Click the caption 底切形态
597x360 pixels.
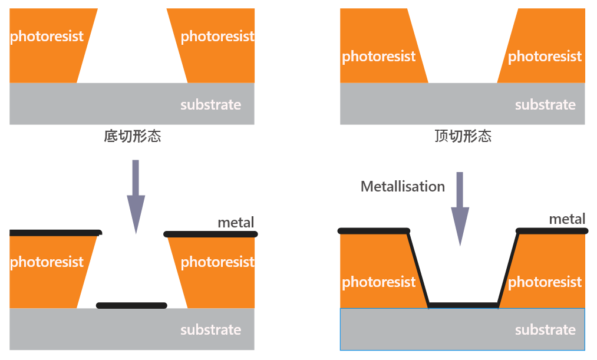click(x=132, y=137)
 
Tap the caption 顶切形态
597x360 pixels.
click(x=463, y=137)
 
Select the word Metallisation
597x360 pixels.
click(x=403, y=187)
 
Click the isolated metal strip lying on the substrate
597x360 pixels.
click(x=131, y=305)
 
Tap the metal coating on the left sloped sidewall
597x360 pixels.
click(x=418, y=269)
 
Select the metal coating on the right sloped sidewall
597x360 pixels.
click(x=508, y=269)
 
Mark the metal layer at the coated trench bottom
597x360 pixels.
click(x=463, y=305)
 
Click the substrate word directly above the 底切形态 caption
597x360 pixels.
click(x=210, y=105)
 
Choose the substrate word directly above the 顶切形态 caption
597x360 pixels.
click(x=545, y=105)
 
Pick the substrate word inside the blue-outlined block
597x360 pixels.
click(x=545, y=330)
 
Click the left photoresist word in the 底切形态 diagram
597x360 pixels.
click(x=47, y=37)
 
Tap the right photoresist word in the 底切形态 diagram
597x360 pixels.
click(x=217, y=37)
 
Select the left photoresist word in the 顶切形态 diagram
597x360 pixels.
click(x=378, y=57)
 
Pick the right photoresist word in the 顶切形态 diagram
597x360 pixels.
click(x=545, y=57)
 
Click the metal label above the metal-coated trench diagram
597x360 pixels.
click(x=567, y=219)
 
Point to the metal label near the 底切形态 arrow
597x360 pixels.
click(x=236, y=223)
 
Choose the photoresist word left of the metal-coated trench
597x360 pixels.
click(x=378, y=282)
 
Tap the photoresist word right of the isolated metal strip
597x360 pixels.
click(x=217, y=262)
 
